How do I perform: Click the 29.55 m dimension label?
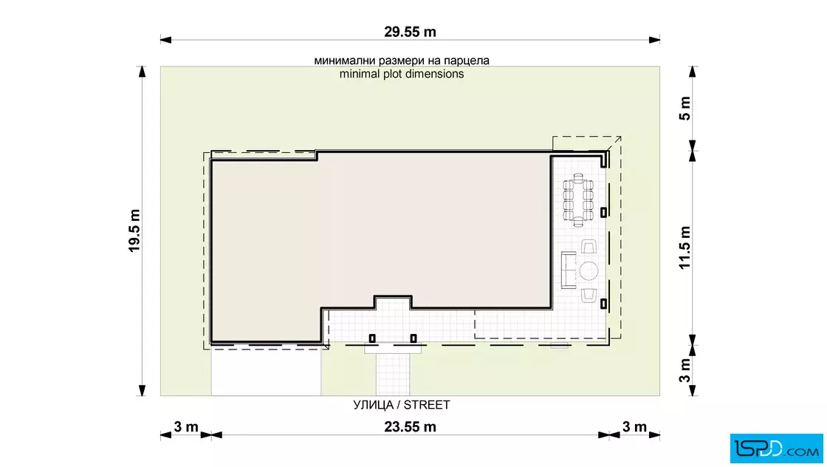[x=410, y=32]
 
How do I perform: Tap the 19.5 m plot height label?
[x=134, y=231]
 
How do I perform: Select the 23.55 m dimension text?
[x=410, y=426]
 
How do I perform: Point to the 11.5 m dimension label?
[x=684, y=248]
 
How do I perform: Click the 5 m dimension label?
[x=684, y=108]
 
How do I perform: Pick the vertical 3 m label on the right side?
[x=684, y=370]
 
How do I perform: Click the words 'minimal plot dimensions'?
[x=402, y=74]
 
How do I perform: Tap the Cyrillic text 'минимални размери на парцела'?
[x=402, y=61]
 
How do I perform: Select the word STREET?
[x=427, y=405]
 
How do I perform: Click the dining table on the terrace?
[x=579, y=200]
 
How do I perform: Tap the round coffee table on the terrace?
[x=588, y=270]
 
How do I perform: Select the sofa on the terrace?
[x=569, y=270]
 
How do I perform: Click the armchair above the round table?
[x=588, y=246]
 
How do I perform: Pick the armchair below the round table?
[x=588, y=295]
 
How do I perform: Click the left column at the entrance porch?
[x=372, y=338]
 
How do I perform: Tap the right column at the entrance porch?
[x=413, y=338]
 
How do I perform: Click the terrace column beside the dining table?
[x=603, y=212]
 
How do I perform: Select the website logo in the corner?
[x=776, y=449]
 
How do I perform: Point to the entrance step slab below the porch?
[x=394, y=349]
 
